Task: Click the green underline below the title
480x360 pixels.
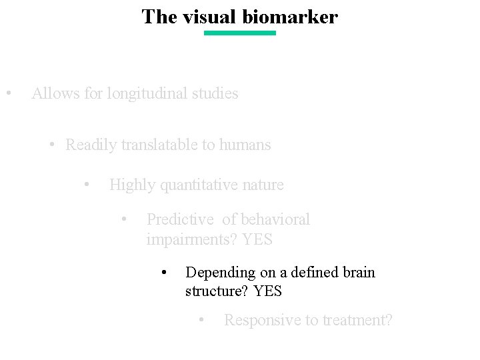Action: click(x=239, y=33)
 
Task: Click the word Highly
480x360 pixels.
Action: click(x=131, y=185)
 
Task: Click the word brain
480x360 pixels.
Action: click(x=359, y=273)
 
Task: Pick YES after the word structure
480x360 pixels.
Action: click(x=268, y=291)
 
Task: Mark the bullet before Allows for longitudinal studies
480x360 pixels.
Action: click(x=7, y=93)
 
